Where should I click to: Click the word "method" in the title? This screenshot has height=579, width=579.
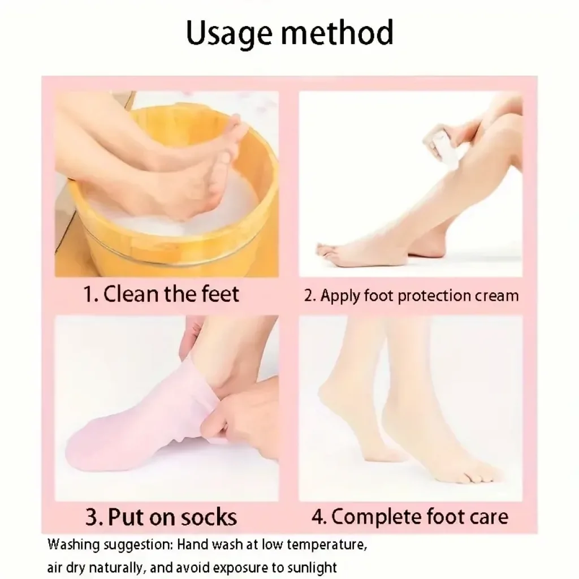tap(337, 32)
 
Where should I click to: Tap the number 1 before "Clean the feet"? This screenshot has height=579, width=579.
tap(89, 295)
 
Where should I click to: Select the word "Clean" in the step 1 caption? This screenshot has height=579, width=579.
tap(131, 294)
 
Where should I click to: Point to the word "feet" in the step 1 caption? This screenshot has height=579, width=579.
tap(221, 294)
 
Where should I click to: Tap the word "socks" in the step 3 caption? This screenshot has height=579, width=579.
tap(209, 517)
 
